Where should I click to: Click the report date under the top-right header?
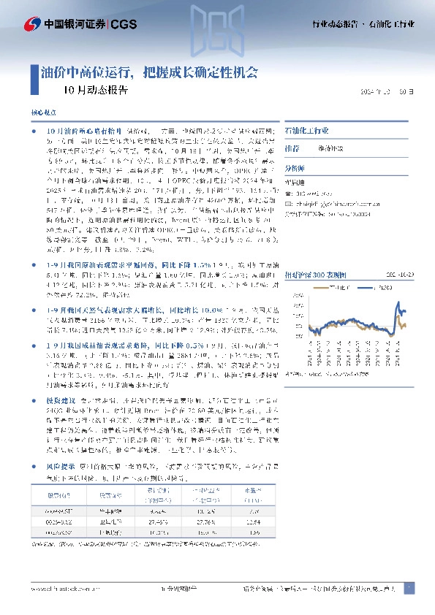click(x=391, y=93)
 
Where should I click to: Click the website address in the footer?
click(x=62, y=588)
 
